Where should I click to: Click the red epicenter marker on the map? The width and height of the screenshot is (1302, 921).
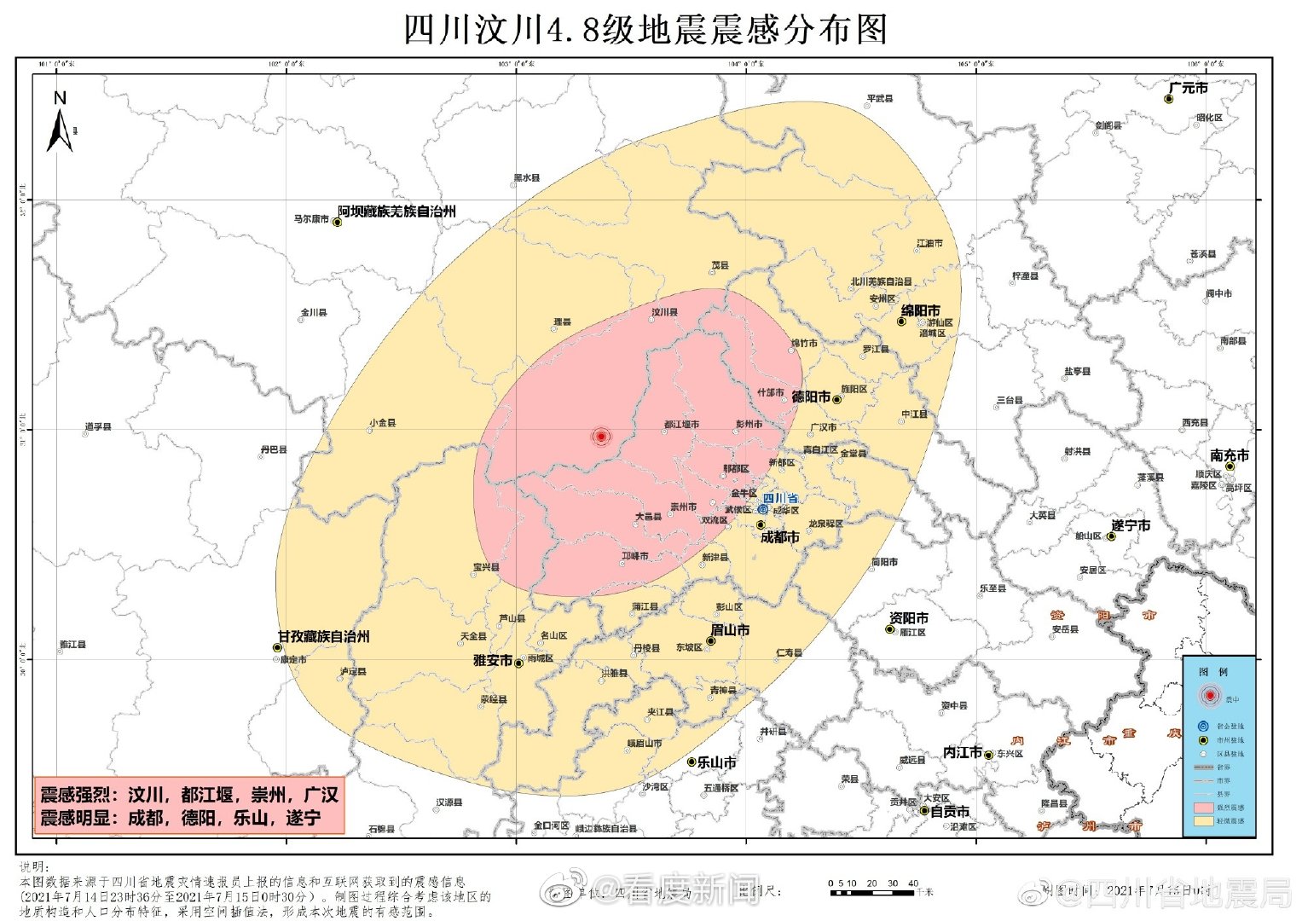601,437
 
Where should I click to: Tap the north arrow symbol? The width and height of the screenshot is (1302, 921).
60,124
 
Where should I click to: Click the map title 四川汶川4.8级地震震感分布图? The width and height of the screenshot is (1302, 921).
645,29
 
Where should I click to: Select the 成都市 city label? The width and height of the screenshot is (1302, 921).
779,537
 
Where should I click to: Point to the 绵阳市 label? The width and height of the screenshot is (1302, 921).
920,310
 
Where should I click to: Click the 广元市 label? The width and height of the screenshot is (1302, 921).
1188,88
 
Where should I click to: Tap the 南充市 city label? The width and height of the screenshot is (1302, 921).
1230,455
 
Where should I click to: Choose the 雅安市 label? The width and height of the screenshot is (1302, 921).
493,660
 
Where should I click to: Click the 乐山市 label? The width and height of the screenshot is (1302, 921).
716,762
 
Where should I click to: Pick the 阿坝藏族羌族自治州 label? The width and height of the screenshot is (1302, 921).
396,211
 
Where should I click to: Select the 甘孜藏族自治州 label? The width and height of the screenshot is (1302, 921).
324,636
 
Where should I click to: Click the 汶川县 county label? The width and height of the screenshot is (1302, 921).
664,312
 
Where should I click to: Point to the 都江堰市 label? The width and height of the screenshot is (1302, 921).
681,424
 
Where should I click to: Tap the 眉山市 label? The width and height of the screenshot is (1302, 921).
730,629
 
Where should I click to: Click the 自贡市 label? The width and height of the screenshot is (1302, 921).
949,811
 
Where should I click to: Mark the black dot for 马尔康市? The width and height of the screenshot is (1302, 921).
337,223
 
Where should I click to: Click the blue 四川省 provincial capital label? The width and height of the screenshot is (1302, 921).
779,498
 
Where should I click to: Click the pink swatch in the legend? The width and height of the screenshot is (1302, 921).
1204,807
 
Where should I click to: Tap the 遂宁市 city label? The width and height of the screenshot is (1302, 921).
1131,525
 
